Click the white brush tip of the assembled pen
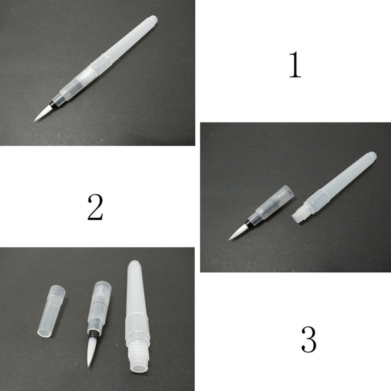41,114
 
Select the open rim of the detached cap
45,332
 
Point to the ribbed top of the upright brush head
102,291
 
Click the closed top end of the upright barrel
135,265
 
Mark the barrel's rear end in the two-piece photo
371,156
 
